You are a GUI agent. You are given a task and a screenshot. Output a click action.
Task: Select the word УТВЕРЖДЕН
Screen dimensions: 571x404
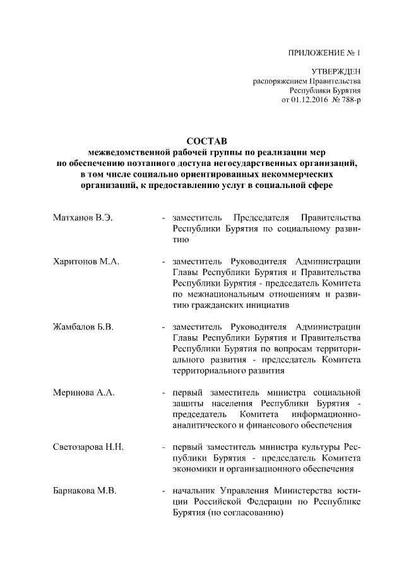[x=337, y=73]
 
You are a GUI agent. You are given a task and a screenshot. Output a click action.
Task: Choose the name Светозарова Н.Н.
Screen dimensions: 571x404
[x=88, y=447]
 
